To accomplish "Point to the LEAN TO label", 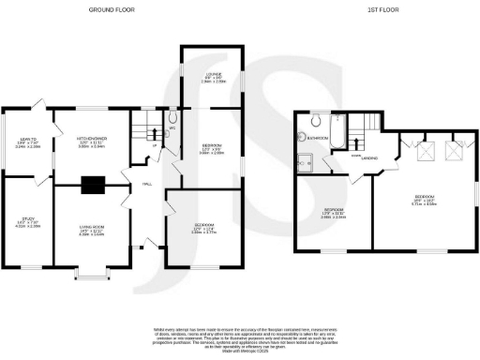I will point(25,142).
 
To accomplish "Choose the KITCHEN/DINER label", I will point(91,142).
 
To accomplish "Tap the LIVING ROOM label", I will point(91,231).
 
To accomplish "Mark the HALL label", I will point(147,184).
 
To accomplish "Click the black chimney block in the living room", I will point(93,186).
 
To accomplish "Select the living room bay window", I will point(91,274).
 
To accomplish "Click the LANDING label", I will point(369,159).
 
